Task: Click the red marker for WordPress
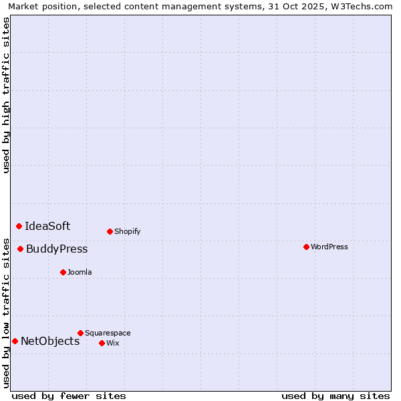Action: (306, 247)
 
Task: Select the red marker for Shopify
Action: (110, 231)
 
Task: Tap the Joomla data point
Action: (63, 272)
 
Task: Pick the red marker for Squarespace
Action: (80, 333)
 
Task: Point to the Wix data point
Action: (102, 343)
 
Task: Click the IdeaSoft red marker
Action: (19, 226)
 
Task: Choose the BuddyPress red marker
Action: (20, 249)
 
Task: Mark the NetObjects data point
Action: (15, 341)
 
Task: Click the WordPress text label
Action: (329, 247)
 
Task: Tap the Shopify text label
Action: (127, 231)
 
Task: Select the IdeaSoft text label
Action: (47, 226)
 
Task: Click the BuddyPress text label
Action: (57, 249)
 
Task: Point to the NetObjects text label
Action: (50, 341)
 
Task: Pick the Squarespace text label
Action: (108, 333)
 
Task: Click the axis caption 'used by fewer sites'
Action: (69, 396)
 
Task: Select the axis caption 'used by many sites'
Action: (336, 396)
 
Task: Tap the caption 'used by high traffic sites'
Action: (7, 95)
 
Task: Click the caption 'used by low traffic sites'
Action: (7, 312)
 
